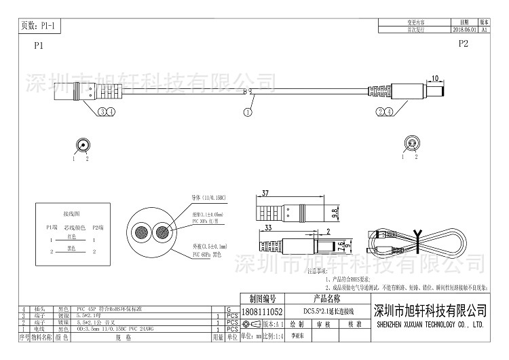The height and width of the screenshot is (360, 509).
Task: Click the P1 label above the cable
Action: (x=38, y=46)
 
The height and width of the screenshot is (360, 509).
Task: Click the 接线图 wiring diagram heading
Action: (x=71, y=213)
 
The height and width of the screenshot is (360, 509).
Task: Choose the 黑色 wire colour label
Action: (x=71, y=249)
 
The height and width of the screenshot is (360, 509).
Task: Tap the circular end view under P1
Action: (x=83, y=144)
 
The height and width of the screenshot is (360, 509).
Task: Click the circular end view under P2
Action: (x=411, y=143)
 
